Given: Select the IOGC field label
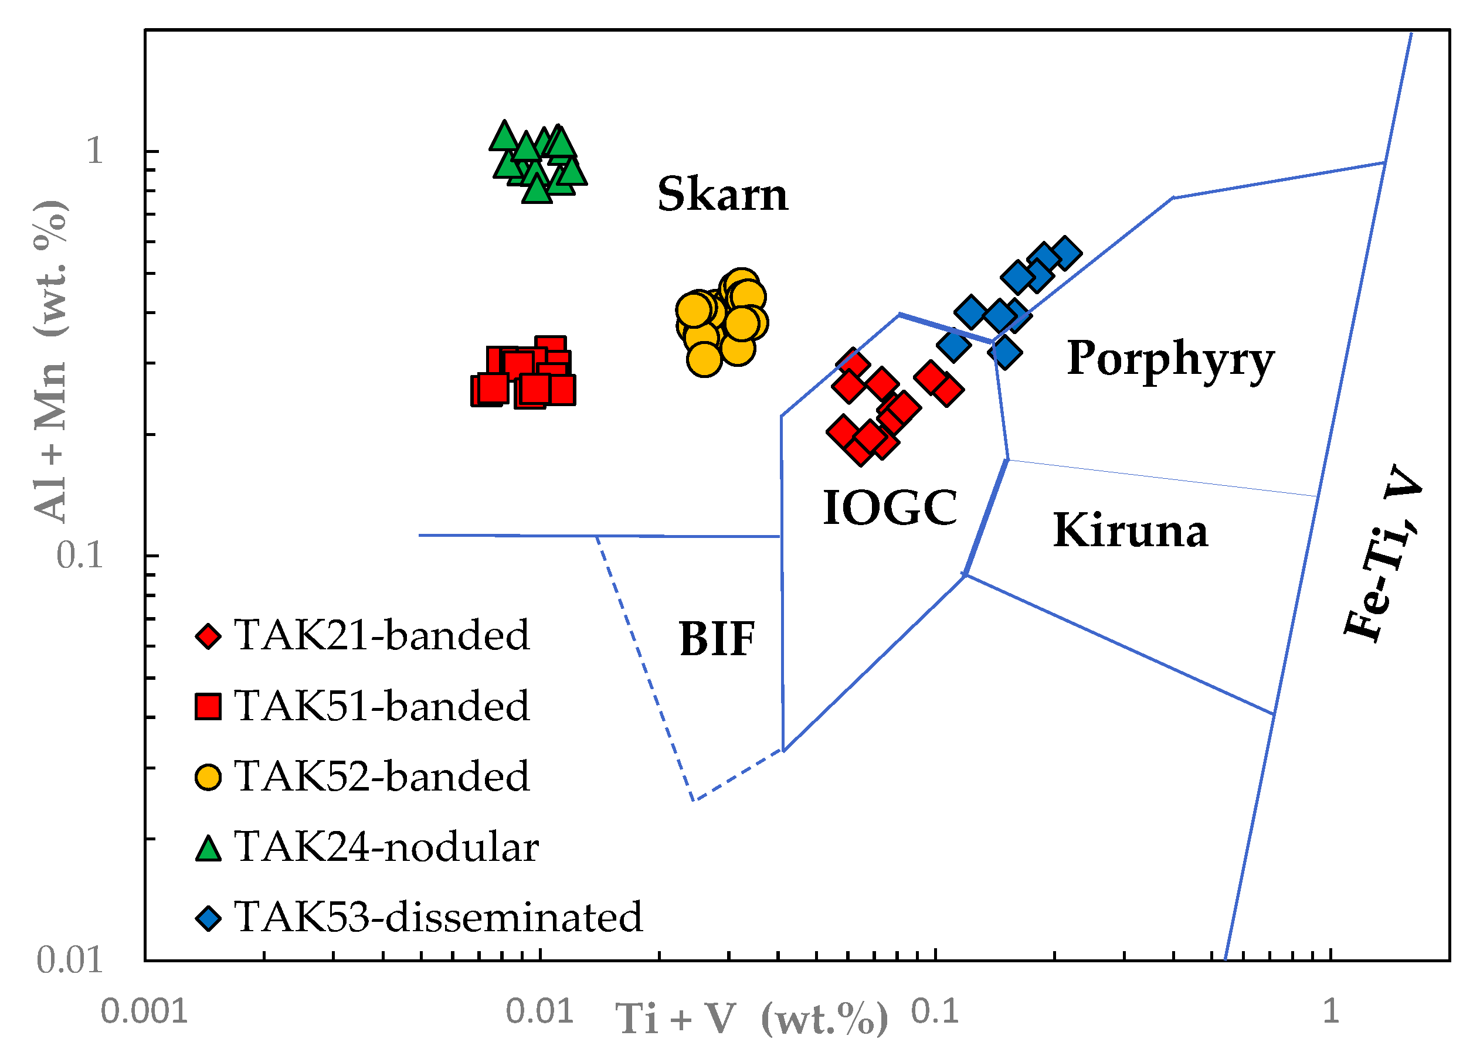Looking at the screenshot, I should pyautogui.click(x=890, y=508).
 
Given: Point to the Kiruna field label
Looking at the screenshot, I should pyautogui.click(x=1130, y=530).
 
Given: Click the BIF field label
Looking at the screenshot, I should pyautogui.click(x=717, y=639).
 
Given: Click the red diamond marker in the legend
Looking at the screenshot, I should pyautogui.click(x=208, y=636).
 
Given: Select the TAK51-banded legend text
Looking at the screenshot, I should pyautogui.click(x=381, y=706).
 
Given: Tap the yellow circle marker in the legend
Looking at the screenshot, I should pyautogui.click(x=208, y=776).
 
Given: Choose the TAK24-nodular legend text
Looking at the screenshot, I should pyautogui.click(x=386, y=847).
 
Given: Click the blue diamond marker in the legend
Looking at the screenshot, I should pyautogui.click(x=208, y=918).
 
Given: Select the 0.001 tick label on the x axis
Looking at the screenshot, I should pyautogui.click(x=144, y=1011).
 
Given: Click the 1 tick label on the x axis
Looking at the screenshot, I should pyautogui.click(x=1330, y=1011).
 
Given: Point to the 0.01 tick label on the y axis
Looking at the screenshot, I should pyautogui.click(x=69, y=960).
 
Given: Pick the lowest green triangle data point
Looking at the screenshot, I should pyautogui.click(x=537, y=190).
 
